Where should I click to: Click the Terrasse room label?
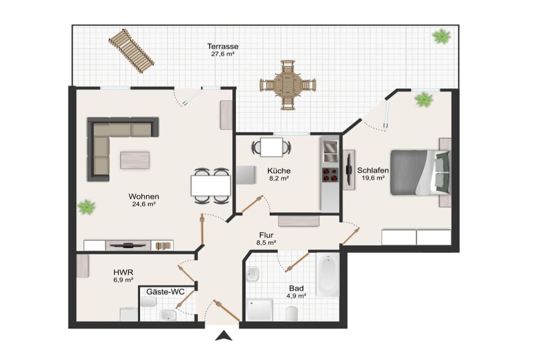click(223, 46)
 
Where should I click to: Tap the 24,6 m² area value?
click(144, 204)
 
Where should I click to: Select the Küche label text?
click(279, 171)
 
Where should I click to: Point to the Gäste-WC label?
click(165, 292)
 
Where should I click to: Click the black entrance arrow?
click(224, 336)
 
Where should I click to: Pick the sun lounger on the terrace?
click(131, 51)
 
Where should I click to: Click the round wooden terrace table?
click(287, 85)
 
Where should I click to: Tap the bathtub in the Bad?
click(328, 275)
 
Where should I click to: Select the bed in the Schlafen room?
click(420, 172)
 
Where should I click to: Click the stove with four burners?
click(330, 174)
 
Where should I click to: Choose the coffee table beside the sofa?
click(134, 160)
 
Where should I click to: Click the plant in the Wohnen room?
click(86, 207)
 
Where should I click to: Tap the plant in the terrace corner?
click(441, 36)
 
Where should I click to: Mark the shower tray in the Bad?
click(260, 309)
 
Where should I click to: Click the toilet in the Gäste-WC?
click(148, 302)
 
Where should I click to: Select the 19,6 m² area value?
click(373, 178)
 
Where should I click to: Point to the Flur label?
click(266, 235)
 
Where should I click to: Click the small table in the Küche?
click(272, 147)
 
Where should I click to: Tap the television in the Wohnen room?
click(128, 245)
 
